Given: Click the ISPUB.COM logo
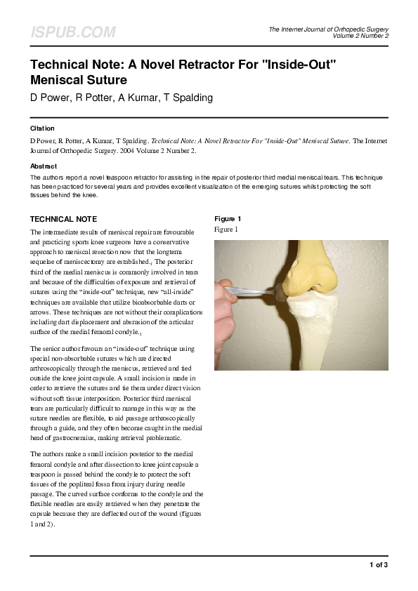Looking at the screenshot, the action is (x=72, y=32).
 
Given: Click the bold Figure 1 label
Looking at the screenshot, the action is (x=228, y=219).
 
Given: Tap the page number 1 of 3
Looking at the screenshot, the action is (x=378, y=564).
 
